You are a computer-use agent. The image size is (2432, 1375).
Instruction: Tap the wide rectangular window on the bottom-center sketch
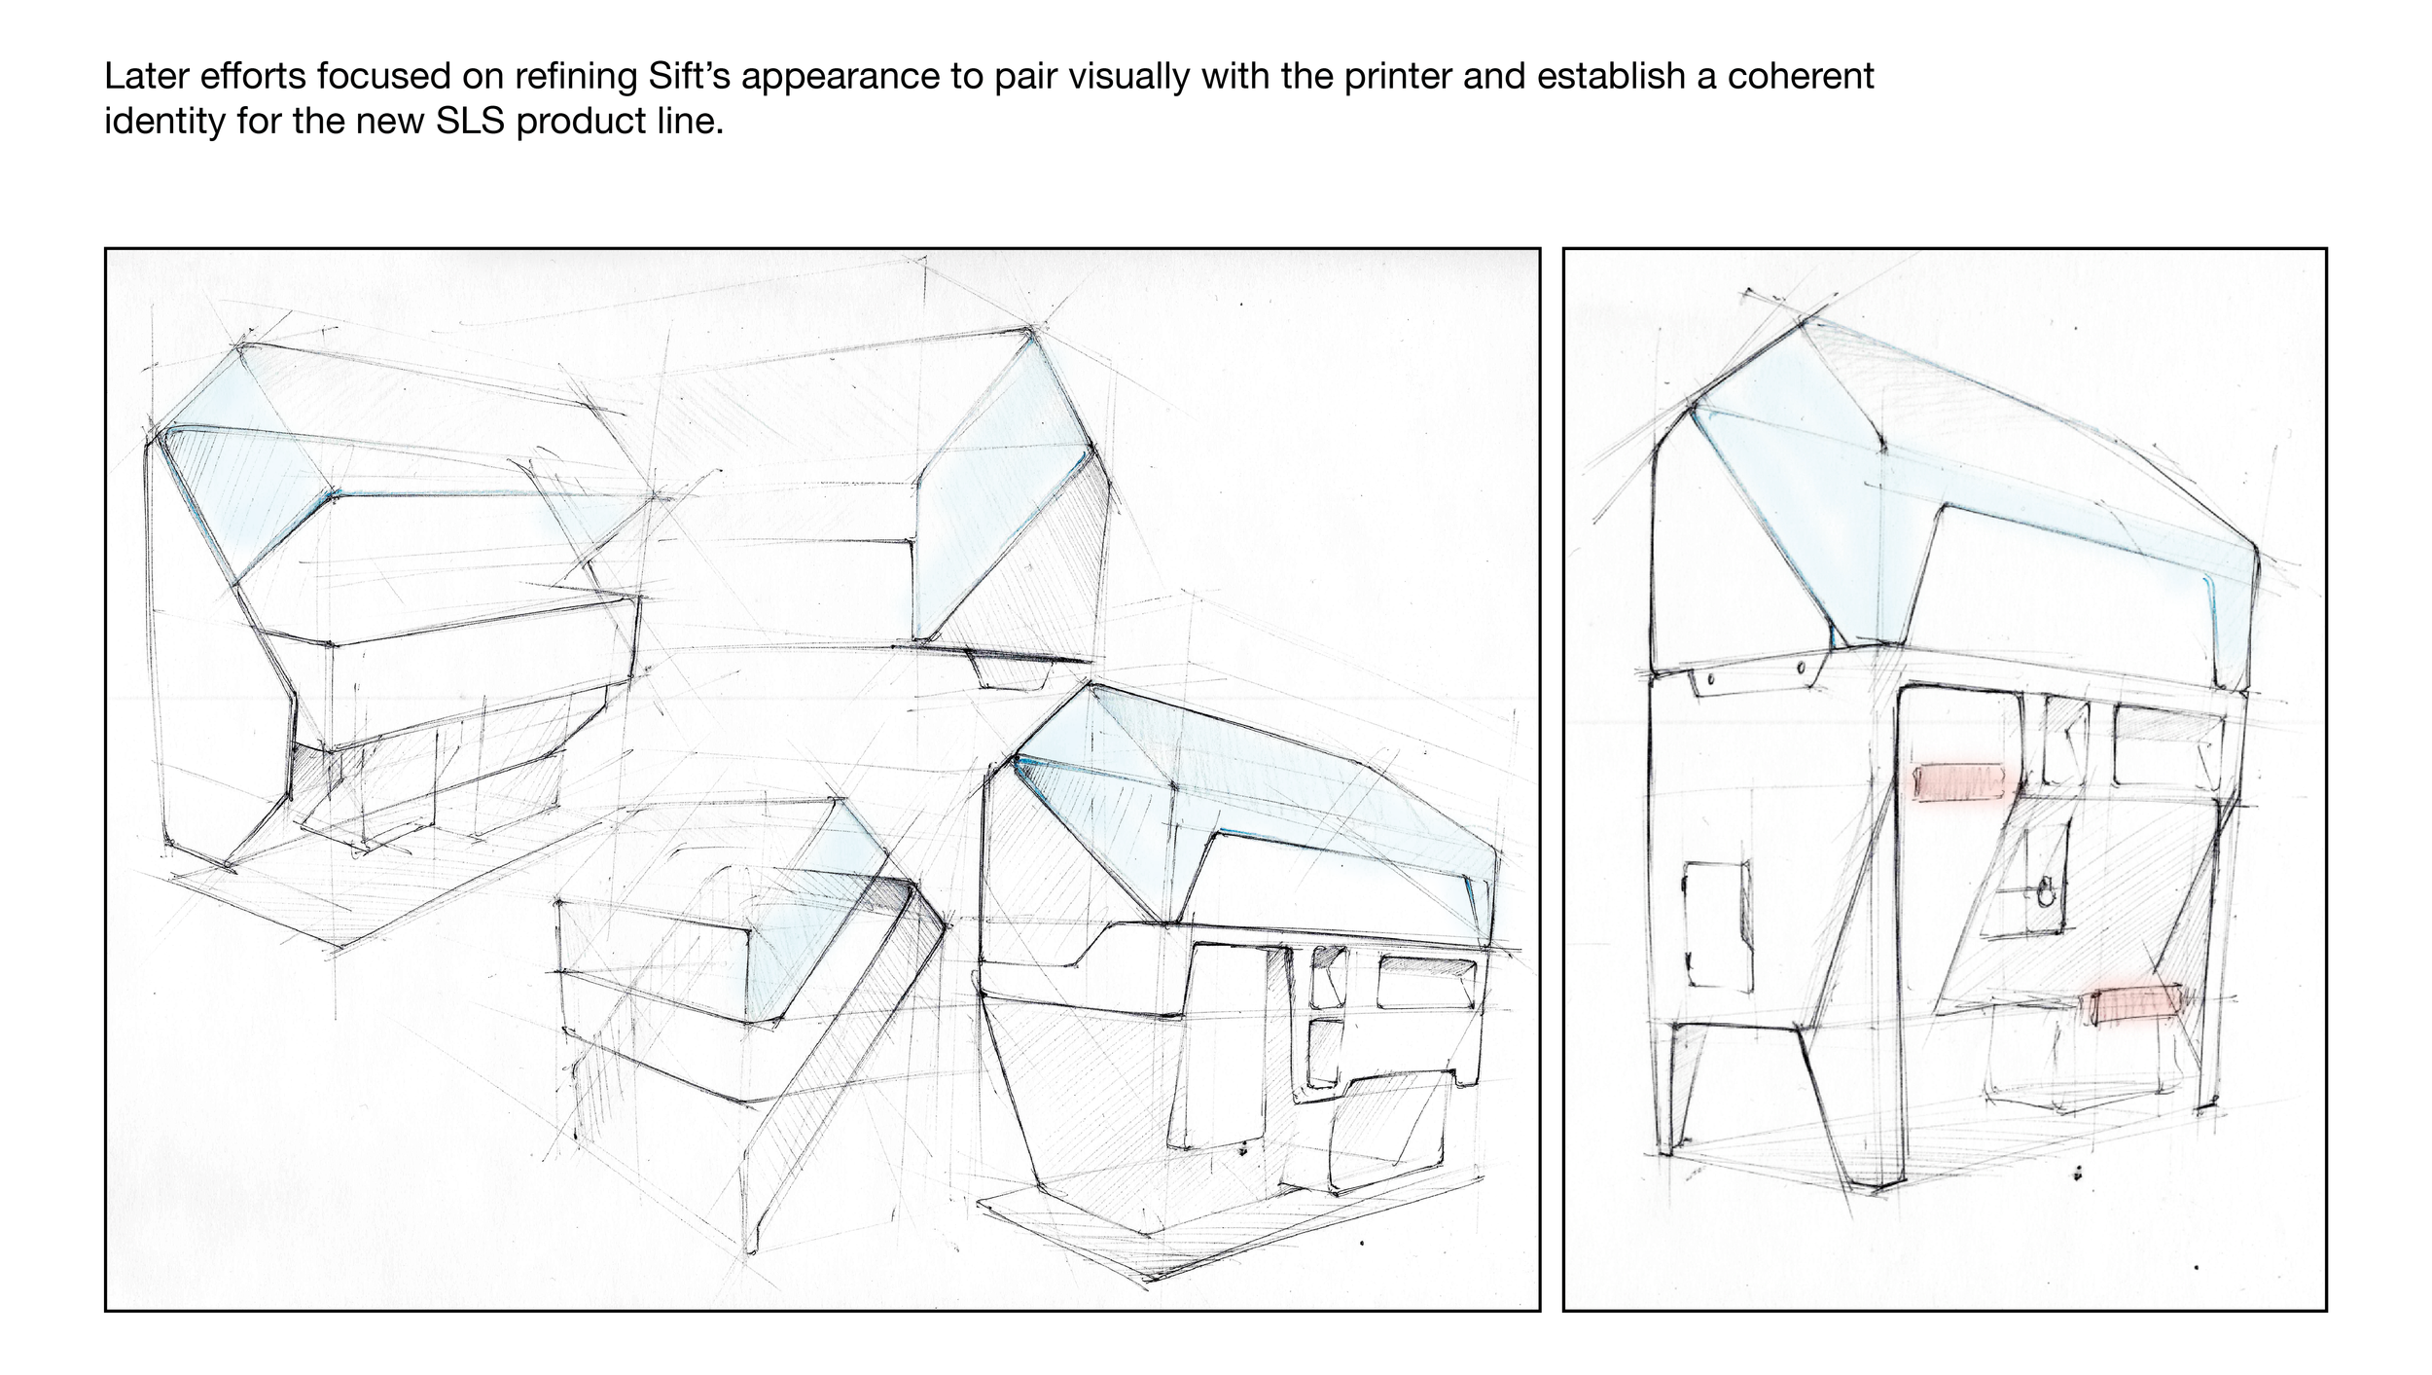coord(1428,983)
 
